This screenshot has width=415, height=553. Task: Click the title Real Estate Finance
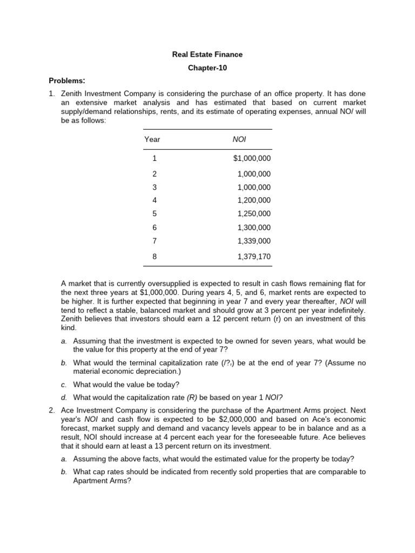tap(207, 55)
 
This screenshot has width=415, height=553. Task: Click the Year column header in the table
tap(152, 139)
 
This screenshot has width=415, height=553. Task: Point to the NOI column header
tap(239, 139)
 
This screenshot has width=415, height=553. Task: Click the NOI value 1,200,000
tap(254, 200)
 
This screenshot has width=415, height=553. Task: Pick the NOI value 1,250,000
tap(254, 214)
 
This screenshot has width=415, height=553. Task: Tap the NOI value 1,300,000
tap(254, 227)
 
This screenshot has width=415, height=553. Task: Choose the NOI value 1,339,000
tap(254, 241)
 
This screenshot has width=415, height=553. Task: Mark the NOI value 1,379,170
tap(254, 257)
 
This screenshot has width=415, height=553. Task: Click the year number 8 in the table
tap(155, 257)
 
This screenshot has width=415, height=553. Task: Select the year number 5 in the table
tap(155, 214)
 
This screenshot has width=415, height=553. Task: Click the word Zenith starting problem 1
tap(72, 93)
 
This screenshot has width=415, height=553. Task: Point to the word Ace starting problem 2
tap(68, 411)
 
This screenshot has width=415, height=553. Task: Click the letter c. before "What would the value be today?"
tap(64, 385)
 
